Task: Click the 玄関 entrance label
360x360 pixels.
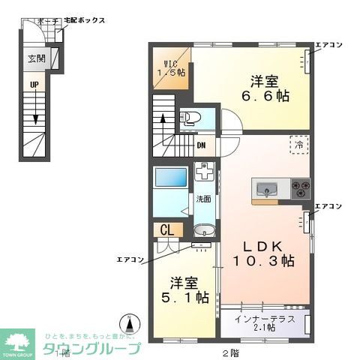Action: tap(37, 58)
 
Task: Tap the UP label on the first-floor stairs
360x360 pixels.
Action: tap(34, 85)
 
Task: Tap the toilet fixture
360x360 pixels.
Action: tap(190, 118)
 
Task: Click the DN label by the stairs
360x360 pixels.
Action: tap(202, 145)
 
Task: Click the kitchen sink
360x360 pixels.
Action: tap(266, 187)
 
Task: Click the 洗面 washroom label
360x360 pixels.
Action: tap(203, 199)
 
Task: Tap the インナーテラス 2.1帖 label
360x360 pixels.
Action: tap(260, 324)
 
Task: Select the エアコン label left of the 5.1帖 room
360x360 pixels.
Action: tap(130, 260)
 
